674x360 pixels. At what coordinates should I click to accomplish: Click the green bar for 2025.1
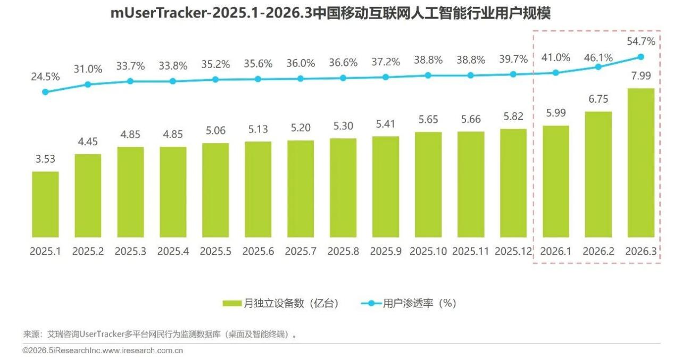45,205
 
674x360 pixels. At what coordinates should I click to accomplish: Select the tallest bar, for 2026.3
641,163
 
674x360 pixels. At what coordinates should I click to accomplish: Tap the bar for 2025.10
428,185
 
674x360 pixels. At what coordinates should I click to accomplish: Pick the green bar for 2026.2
598,174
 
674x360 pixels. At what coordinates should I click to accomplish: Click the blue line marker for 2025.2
88,85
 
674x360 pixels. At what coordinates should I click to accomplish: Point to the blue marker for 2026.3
641,57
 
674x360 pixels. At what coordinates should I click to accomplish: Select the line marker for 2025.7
300,79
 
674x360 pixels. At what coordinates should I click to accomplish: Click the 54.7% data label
641,41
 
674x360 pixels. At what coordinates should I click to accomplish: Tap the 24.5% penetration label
45,77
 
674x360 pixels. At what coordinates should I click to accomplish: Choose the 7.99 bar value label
641,76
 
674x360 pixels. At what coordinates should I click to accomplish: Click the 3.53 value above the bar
45,159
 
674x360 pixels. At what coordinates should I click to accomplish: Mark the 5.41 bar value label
386,124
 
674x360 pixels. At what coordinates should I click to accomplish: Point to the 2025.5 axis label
215,252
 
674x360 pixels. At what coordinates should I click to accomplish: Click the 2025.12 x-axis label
513,252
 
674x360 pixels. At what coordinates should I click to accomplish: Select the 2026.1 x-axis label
555,252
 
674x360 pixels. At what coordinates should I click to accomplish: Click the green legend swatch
232,304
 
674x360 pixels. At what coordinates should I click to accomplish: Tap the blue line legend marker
371,304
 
